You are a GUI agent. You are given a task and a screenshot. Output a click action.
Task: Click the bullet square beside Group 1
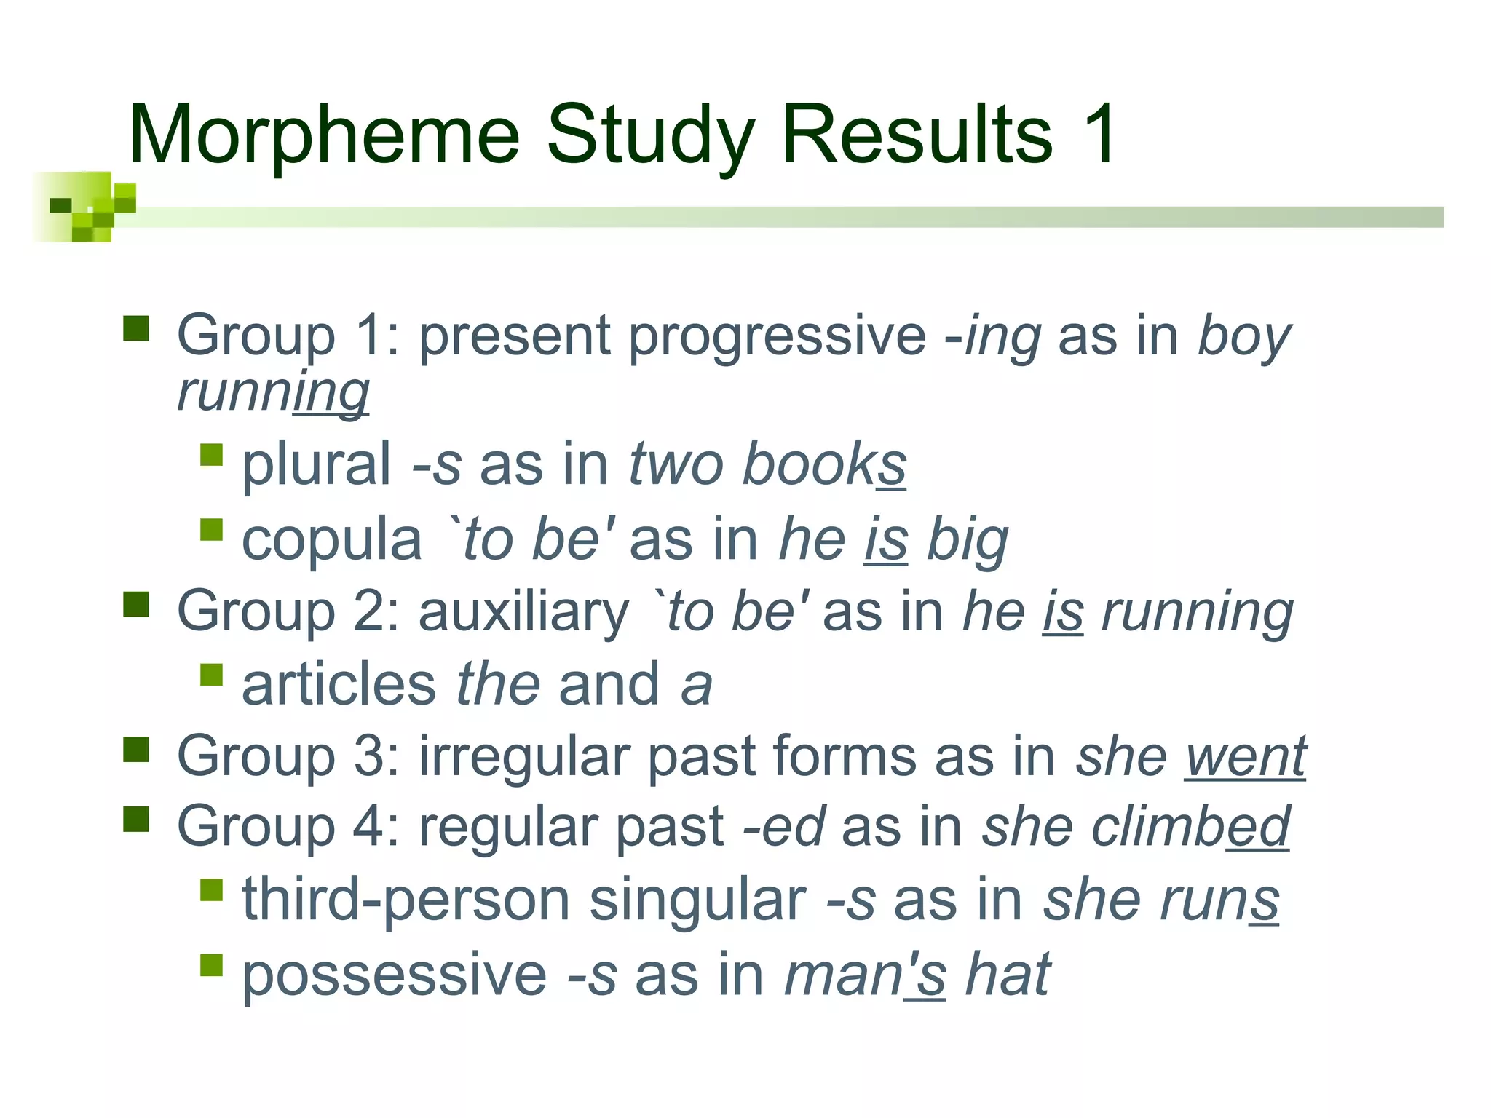(136, 328)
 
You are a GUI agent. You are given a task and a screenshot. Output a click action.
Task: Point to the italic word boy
(1244, 338)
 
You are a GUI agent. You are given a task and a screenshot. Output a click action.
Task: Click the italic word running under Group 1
(273, 393)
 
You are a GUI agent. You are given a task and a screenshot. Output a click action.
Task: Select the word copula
(332, 540)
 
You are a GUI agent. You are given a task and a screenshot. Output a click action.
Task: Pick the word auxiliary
(523, 611)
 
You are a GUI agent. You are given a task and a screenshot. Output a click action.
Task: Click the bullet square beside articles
(211, 675)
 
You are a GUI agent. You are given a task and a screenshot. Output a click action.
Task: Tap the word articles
(339, 685)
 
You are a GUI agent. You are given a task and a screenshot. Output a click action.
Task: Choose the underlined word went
(1246, 757)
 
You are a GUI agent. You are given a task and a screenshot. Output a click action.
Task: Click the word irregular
(523, 757)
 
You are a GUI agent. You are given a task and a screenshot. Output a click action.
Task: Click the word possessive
(394, 975)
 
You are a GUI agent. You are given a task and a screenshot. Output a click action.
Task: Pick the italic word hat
(1008, 974)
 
